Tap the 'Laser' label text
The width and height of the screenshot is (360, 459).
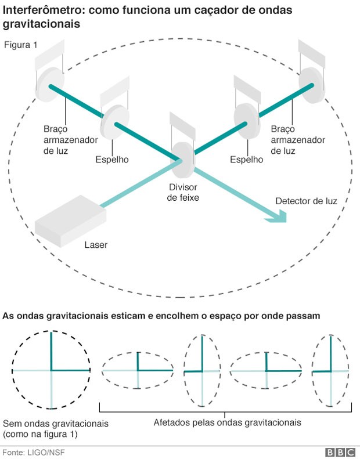[x=96, y=245]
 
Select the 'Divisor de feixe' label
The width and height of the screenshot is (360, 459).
[x=183, y=193]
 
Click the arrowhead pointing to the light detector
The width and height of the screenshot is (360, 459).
[x=279, y=216]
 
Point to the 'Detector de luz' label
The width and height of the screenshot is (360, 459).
[x=306, y=201]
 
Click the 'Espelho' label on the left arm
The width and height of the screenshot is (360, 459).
[x=112, y=160]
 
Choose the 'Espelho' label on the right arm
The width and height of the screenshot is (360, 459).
[x=246, y=160]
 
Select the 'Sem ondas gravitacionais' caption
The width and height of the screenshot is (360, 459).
[x=55, y=423]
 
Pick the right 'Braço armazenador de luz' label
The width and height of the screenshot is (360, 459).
[x=298, y=139]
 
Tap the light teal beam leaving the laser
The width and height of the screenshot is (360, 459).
[x=139, y=185]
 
